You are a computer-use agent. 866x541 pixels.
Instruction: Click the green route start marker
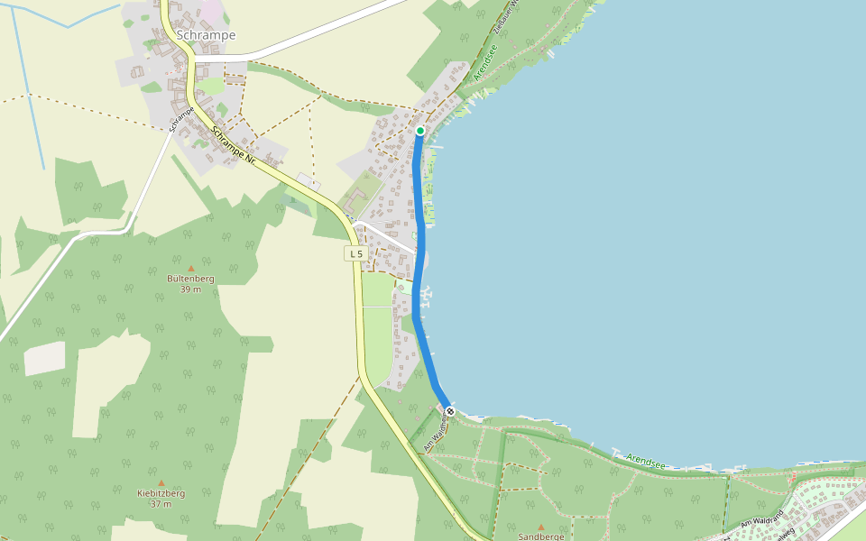point(420,131)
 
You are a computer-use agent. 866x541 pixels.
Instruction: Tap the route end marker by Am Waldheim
point(450,411)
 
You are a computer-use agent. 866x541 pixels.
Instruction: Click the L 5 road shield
point(357,254)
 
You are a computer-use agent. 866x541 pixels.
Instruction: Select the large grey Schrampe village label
point(207,35)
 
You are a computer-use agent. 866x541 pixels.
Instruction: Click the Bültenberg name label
point(190,279)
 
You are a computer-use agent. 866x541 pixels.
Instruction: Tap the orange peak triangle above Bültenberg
point(190,268)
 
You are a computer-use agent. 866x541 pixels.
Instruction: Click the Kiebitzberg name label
point(161,493)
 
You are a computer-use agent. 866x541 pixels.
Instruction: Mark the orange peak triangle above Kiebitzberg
point(161,482)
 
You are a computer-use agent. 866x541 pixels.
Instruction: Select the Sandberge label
point(541,536)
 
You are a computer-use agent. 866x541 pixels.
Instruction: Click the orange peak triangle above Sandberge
point(541,527)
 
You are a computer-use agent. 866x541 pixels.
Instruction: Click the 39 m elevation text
point(190,289)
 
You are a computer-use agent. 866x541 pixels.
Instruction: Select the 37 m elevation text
point(161,504)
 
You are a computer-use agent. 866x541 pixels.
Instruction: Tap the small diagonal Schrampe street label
point(181,119)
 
